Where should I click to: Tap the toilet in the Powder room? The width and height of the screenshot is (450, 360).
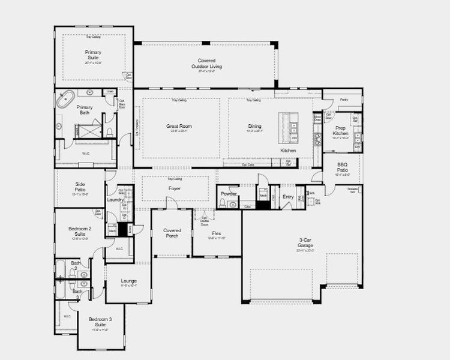(x=223, y=204)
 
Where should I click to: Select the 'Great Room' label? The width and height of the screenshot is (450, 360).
(x=179, y=127)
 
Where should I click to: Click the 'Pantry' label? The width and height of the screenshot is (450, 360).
(x=344, y=100)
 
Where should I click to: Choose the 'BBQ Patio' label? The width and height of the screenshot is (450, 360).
(x=342, y=166)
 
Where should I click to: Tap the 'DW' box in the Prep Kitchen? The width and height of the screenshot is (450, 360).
(x=357, y=146)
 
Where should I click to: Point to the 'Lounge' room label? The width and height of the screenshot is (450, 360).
(x=128, y=281)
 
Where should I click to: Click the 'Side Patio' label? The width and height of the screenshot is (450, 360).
(x=80, y=187)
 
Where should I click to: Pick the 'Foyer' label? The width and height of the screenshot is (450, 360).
(x=175, y=188)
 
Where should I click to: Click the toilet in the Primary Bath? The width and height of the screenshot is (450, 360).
(x=110, y=131)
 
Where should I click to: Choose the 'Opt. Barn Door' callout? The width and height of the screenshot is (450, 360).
(x=122, y=103)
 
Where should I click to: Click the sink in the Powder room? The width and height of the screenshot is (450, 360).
(x=233, y=205)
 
